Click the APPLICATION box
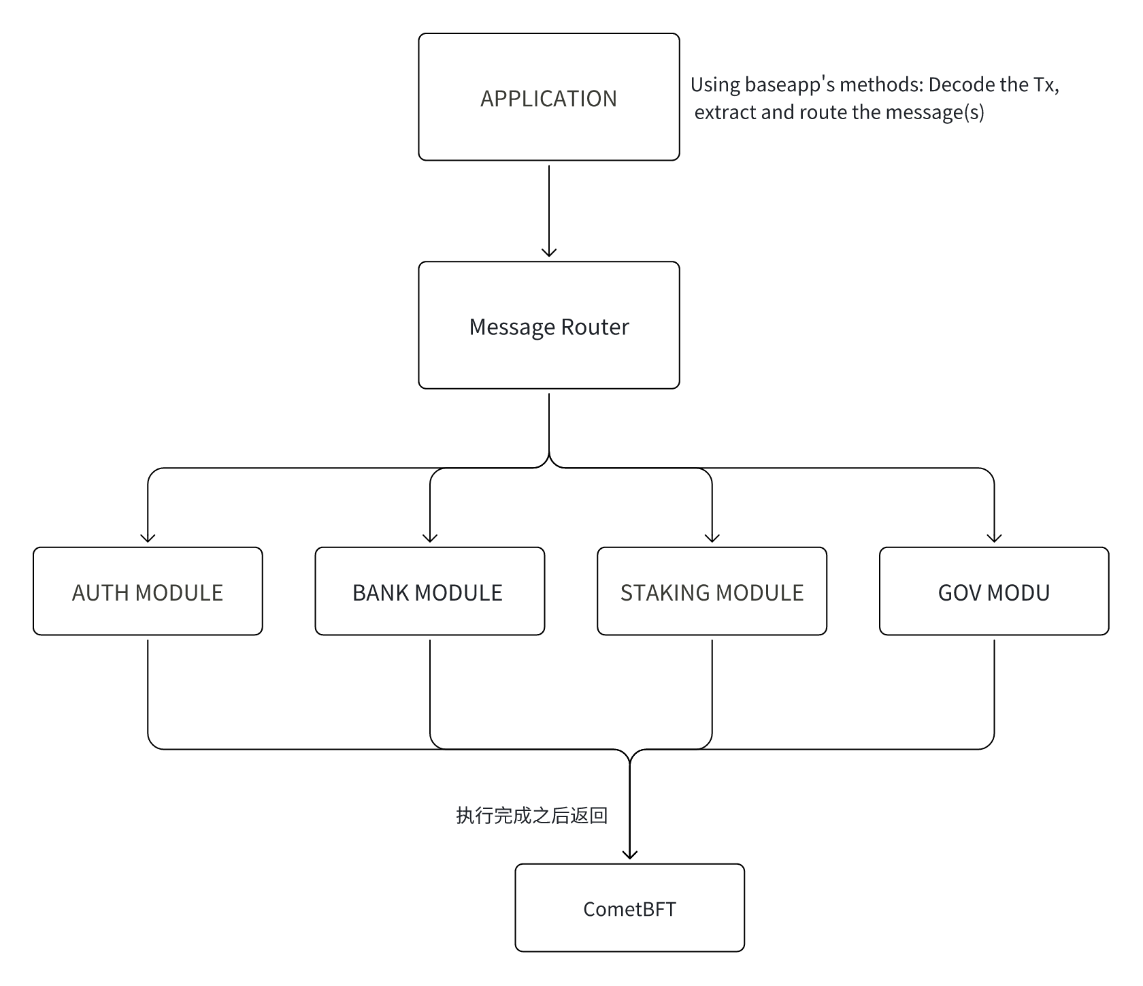549,97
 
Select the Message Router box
549,325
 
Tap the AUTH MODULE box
148,591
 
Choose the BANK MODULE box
430,591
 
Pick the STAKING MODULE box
712,591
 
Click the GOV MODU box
994,591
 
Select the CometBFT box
630,908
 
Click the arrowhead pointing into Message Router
549,252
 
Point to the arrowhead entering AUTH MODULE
148,537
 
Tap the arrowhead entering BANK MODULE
430,537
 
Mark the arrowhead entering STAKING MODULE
712,537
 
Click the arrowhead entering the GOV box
994,537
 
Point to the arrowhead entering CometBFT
630,854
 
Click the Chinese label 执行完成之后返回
531,815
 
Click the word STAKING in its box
659,592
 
